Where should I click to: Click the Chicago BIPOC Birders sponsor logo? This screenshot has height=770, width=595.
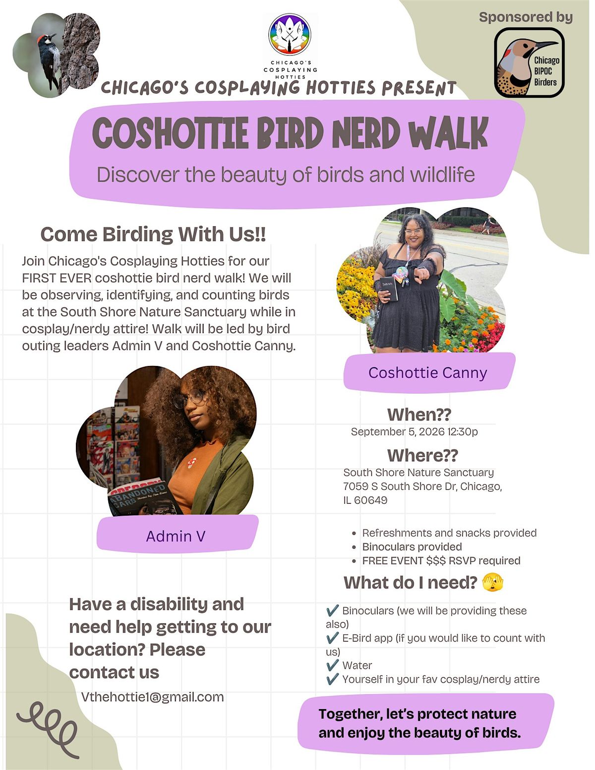point(529,62)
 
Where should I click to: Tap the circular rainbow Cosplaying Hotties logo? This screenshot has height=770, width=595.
point(290,34)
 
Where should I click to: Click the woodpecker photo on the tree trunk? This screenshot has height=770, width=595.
point(56,55)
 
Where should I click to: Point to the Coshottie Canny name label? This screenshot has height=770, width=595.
point(428,373)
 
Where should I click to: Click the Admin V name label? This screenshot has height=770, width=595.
point(176,536)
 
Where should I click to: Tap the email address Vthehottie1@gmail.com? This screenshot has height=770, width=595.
point(152,697)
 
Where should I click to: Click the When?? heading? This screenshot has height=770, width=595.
point(419,414)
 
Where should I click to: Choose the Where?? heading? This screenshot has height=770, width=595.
point(422,455)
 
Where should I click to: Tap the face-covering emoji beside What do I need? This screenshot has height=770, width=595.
point(493,583)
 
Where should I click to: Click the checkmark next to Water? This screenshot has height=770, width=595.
point(332,665)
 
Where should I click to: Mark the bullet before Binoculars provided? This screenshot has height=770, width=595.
point(354,547)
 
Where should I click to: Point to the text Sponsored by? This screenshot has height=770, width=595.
point(526,17)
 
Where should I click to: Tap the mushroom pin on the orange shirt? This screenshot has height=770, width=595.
point(192,462)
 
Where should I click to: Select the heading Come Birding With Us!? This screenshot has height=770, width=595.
point(153,234)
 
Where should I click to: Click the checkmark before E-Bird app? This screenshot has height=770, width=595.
point(332,638)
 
